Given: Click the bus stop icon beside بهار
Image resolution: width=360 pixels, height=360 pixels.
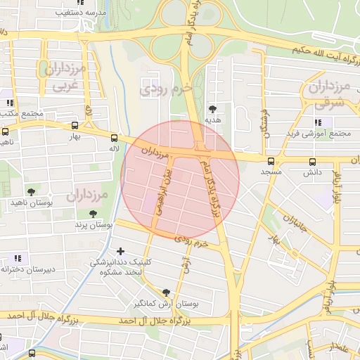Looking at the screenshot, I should [75, 126].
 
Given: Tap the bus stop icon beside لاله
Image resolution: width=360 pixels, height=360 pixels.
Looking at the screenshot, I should [114, 139].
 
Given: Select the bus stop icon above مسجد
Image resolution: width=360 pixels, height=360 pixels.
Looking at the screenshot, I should [271, 161].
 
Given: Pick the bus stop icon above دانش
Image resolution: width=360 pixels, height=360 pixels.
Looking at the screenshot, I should [311, 161].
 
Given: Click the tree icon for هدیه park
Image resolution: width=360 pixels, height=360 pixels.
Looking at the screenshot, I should [212, 108].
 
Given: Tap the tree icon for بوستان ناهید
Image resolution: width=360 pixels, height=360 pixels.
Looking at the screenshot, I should [31, 191].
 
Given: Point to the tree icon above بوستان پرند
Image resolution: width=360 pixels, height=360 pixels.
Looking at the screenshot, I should [93, 214].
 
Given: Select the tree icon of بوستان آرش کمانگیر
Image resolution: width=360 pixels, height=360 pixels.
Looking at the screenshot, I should [166, 292].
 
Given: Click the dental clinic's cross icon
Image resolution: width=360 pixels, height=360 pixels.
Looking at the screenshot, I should [121, 250].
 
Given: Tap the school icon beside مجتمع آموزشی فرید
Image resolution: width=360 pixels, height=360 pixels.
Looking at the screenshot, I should [278, 133].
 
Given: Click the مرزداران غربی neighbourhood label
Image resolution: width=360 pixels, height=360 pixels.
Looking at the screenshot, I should [64, 77].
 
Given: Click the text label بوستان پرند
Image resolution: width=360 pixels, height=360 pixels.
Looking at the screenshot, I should [95, 225].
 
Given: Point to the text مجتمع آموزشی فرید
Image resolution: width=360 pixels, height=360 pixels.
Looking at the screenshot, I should [319, 133].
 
